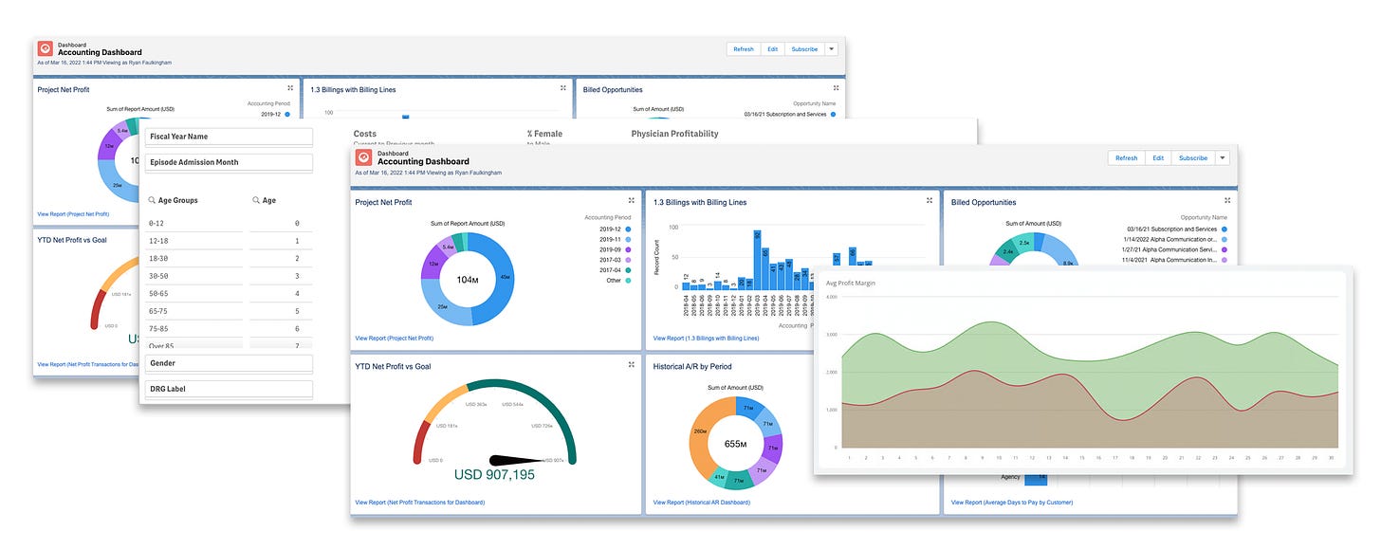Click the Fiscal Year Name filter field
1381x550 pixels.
229,137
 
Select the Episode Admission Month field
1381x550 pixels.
229,162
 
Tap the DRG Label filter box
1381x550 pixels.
229,389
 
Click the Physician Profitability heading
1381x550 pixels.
674,134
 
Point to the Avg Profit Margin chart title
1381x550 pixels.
851,284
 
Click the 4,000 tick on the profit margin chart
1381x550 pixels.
832,297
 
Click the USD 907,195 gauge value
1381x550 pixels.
494,474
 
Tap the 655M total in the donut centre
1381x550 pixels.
737,443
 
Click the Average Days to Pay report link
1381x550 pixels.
1011,502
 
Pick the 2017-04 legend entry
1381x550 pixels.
609,268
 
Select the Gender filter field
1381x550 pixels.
229,363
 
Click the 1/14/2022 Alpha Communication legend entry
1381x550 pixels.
1170,240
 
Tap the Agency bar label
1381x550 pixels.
1009,477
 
